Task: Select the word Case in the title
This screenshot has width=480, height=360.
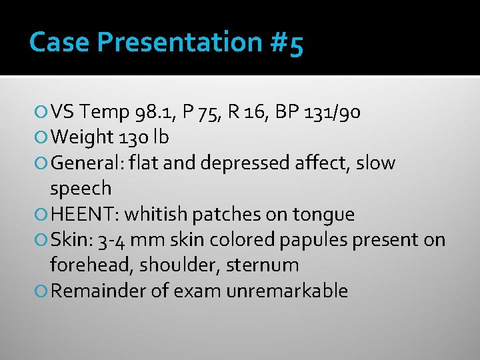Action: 59,43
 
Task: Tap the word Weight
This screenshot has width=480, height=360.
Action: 80,137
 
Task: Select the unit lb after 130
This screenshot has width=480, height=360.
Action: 161,137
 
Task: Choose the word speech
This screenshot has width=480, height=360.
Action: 81,189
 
